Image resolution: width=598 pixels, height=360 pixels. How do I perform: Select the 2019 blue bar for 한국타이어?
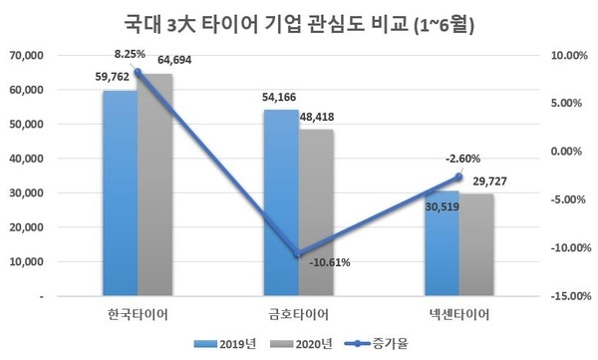(x=120, y=193)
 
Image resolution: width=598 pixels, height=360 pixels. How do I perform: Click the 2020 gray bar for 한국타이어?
(x=154, y=185)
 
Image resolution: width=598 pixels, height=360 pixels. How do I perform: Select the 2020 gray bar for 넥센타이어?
(x=476, y=245)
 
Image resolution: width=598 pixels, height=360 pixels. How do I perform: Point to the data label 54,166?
(x=280, y=98)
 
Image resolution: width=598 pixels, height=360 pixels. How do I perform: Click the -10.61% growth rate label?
(x=329, y=263)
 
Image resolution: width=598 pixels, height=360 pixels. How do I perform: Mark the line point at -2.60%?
(x=459, y=177)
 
